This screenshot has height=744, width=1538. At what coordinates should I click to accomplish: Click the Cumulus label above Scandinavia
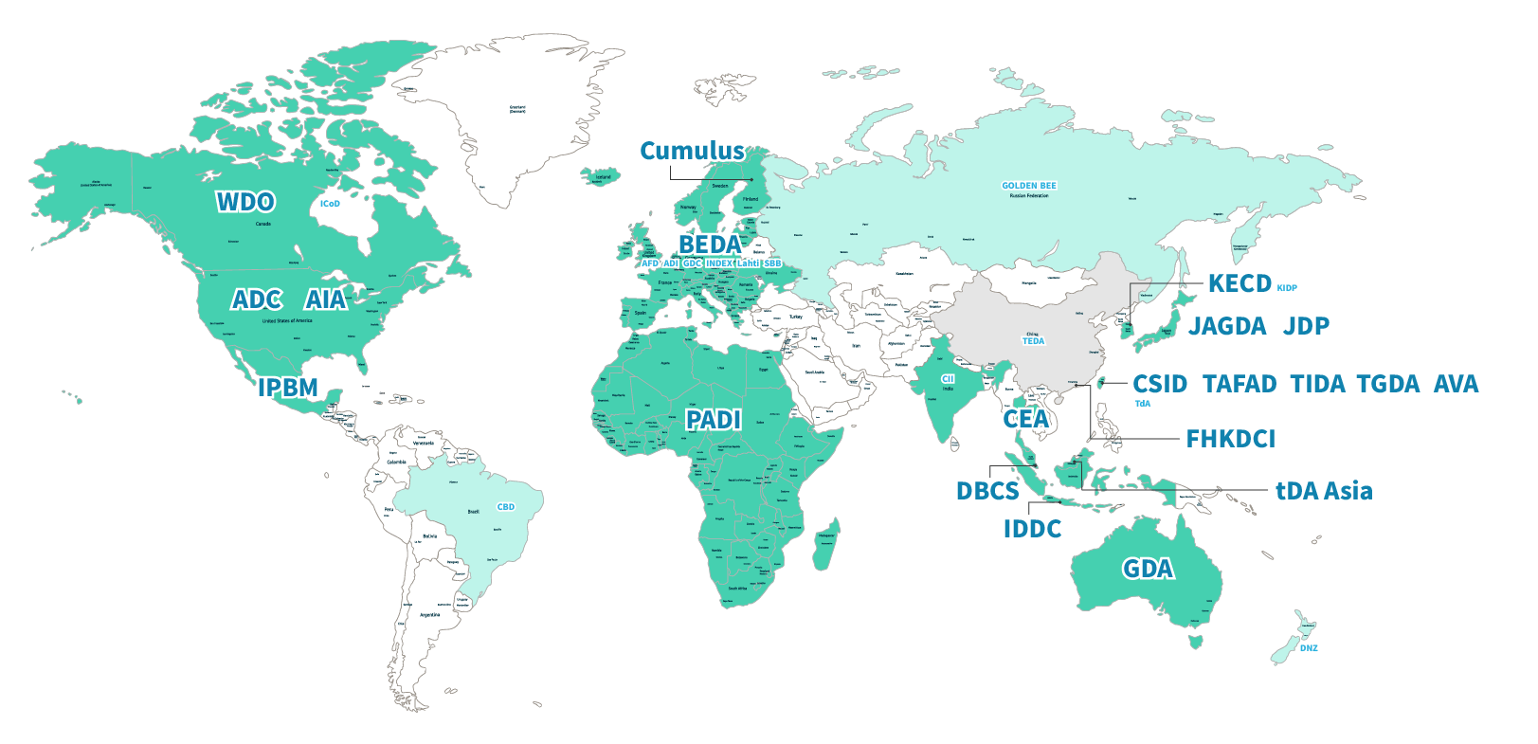692,151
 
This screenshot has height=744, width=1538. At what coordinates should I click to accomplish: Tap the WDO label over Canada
245,202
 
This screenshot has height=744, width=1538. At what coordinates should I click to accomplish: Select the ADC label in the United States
257,299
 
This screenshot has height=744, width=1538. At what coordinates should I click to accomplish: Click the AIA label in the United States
326,299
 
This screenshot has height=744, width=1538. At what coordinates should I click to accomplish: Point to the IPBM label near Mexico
288,388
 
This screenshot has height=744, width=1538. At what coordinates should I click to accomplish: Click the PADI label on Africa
714,420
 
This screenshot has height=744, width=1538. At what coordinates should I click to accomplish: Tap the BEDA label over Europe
710,245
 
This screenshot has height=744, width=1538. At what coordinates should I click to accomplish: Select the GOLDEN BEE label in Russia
1028,186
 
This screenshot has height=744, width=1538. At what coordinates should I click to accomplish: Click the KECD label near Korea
1239,283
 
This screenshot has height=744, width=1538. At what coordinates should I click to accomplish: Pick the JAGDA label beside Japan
1228,326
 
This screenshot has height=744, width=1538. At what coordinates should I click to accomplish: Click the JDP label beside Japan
1307,326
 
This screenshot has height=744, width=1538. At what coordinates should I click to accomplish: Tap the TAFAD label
1239,384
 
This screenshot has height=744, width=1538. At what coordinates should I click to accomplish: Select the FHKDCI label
1230,439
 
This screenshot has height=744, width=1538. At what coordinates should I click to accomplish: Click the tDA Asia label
1324,491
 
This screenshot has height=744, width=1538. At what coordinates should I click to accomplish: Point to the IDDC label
1033,529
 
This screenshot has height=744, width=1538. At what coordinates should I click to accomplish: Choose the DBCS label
987,491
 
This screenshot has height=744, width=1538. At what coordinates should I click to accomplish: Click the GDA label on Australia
1148,569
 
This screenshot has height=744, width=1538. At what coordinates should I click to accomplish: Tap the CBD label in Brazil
506,507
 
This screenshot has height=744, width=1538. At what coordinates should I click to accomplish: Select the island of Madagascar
825,545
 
